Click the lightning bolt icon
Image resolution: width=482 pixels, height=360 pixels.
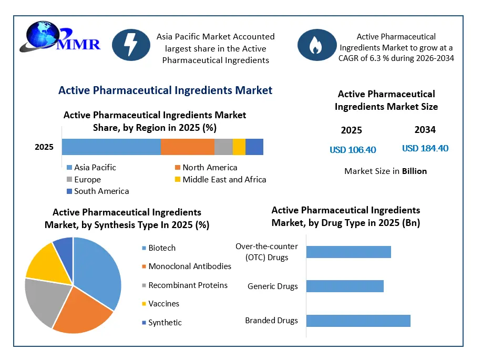131,45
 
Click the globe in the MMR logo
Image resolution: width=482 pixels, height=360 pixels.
43,35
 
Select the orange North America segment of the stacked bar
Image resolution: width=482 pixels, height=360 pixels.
188,147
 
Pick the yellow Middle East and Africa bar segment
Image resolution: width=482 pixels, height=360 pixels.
239,147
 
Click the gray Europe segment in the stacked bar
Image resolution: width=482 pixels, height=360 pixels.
223,147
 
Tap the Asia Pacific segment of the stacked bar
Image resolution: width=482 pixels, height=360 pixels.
111,147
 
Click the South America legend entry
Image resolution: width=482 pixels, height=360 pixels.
98,191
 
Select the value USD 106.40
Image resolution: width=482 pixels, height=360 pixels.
353,150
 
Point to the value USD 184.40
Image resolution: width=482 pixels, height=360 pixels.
425,148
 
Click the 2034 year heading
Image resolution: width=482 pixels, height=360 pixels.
425,130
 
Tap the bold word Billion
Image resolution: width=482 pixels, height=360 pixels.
414,171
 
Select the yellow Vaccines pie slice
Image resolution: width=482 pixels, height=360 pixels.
50,264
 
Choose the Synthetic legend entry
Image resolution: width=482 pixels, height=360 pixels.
162,323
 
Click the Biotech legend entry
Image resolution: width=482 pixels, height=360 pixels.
159,248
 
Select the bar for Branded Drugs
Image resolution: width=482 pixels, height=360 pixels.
358,321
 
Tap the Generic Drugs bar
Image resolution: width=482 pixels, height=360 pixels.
345,286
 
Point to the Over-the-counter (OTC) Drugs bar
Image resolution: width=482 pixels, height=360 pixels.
348,252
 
